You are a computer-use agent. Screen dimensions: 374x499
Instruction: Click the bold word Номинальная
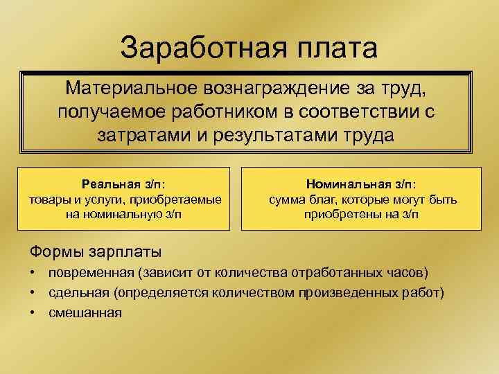pos(348,185)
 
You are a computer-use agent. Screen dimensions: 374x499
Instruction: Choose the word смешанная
pos(85,312)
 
